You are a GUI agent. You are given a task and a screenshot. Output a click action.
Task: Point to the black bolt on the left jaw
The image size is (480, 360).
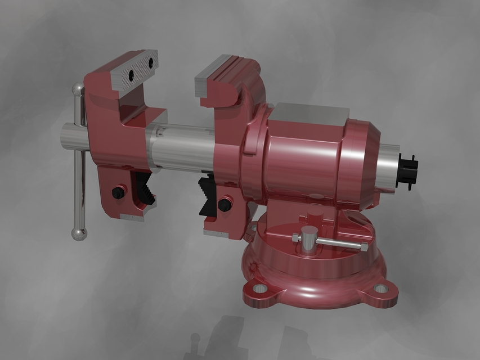[x=118, y=192]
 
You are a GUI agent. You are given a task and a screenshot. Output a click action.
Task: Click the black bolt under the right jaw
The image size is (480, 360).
[x=225, y=204]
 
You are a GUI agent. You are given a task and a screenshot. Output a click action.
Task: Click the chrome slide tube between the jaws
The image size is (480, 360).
[x=180, y=147]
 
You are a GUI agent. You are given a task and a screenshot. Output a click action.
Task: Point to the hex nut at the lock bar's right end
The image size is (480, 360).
[x=363, y=247]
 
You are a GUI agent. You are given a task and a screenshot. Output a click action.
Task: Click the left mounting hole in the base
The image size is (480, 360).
[x=259, y=289]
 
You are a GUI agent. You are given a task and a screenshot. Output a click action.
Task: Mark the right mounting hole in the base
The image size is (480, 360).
[x=382, y=288]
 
